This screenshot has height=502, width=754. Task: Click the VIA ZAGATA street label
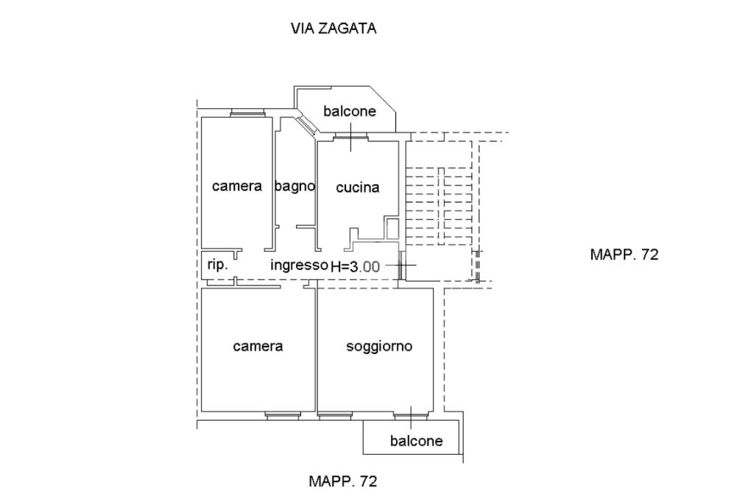[334, 29]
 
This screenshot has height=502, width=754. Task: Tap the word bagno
[295, 186]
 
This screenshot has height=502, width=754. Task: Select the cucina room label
[357, 187]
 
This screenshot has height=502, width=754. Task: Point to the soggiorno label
[379, 346]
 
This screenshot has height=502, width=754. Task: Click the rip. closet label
[217, 264]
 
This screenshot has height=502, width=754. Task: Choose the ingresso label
[299, 265]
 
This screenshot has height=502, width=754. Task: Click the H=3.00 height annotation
[356, 266]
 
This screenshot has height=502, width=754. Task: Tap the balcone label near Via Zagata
[350, 111]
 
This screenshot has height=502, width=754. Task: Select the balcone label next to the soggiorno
[417, 440]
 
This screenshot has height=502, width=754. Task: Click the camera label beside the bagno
[237, 186]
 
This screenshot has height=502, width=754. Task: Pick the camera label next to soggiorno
[258, 346]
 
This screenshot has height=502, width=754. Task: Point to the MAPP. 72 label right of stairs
[624, 255]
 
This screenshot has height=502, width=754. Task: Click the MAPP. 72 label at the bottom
[343, 481]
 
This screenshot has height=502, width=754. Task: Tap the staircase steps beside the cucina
[439, 206]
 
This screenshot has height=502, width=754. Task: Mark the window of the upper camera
[247, 113]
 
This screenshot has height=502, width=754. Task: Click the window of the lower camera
[283, 416]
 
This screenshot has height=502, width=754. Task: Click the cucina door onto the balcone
[350, 138]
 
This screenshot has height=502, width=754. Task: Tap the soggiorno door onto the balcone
[411, 415]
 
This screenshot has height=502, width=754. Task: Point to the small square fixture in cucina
[392, 228]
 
